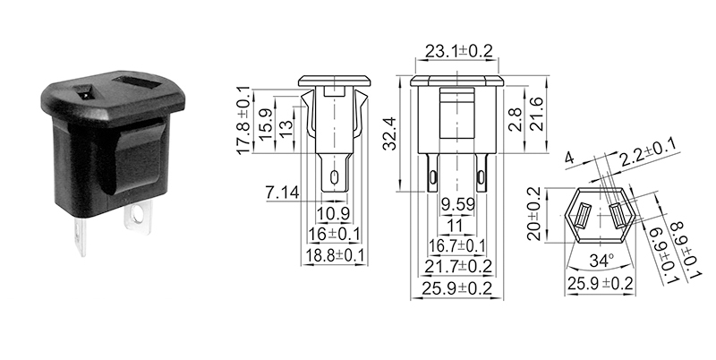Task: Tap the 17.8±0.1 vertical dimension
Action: [x=244, y=121]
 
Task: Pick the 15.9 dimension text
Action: [x=266, y=122]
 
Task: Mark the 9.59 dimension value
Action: [x=456, y=203]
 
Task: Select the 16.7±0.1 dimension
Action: [x=458, y=244]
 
